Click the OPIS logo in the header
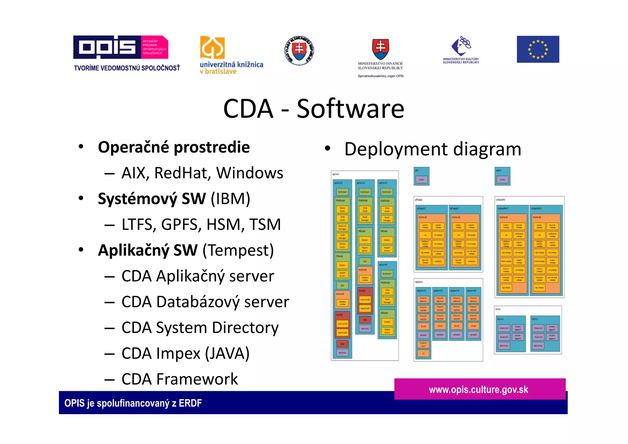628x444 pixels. click(x=120, y=47)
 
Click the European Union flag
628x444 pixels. click(x=538, y=49)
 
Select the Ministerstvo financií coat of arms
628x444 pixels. click(x=380, y=49)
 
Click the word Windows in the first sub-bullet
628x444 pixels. click(x=250, y=173)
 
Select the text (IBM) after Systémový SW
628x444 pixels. click(x=230, y=199)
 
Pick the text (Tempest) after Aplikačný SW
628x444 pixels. click(x=238, y=250)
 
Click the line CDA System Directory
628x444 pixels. click(x=200, y=327)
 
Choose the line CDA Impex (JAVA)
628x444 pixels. click(x=185, y=353)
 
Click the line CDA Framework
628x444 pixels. click(x=179, y=379)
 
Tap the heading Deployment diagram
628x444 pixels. click(x=432, y=149)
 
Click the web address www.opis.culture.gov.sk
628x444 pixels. click(x=478, y=389)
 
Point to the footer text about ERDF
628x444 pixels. click(x=133, y=403)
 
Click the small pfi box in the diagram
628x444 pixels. click(x=421, y=176)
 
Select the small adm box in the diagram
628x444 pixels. click(x=502, y=176)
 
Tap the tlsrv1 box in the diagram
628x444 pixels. click(x=511, y=334)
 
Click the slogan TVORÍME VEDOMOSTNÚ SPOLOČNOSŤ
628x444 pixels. click(x=127, y=68)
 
